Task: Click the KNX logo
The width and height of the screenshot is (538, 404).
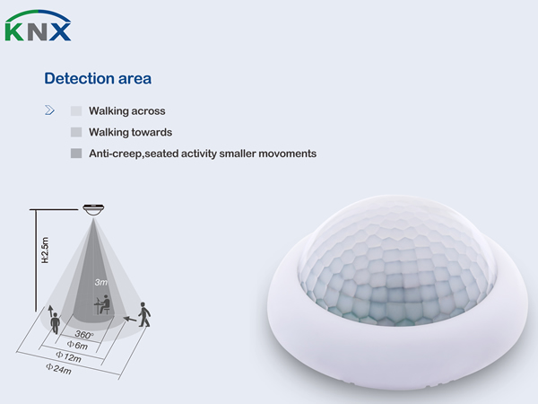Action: tap(38, 25)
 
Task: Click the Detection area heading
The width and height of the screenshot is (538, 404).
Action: tap(98, 78)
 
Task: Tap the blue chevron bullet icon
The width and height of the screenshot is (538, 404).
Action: tap(49, 110)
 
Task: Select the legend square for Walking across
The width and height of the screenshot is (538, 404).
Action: tap(76, 111)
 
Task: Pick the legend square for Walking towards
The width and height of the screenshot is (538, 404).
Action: tap(76, 132)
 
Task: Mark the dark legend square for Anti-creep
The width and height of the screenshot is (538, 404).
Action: tap(76, 154)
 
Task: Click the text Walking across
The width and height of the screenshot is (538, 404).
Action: tap(127, 111)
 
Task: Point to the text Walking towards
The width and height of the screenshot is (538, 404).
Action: tap(130, 132)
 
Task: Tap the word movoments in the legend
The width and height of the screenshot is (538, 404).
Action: tap(287, 154)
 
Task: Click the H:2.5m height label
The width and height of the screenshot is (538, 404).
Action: tap(45, 250)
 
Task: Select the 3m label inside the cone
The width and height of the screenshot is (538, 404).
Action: tap(100, 282)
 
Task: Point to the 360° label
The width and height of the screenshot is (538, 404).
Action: tap(83, 334)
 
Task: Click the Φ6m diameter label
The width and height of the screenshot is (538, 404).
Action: tap(77, 345)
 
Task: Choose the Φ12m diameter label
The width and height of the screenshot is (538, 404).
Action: tap(68, 357)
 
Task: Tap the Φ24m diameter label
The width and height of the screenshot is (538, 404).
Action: tap(58, 369)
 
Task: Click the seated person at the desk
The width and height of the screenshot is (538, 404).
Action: tap(102, 304)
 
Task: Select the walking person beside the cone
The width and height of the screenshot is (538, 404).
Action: tap(144, 314)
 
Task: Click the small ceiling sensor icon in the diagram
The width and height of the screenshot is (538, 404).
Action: tap(93, 209)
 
